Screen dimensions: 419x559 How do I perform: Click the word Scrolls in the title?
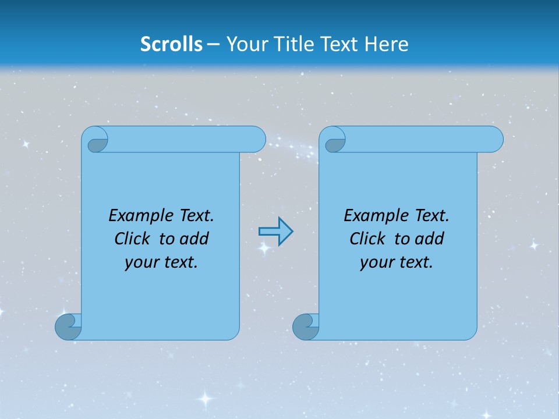tap(172, 44)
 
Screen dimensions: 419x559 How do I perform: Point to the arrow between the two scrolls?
tap(275, 231)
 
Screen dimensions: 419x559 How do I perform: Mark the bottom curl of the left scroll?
tap(68, 326)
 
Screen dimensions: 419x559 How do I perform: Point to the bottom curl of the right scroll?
tap(305, 326)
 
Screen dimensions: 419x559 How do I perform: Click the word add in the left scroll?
tap(194, 239)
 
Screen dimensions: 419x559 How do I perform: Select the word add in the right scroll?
tap(430, 239)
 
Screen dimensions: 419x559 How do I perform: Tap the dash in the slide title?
tap(213, 44)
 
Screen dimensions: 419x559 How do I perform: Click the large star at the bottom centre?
tap(204, 399)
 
